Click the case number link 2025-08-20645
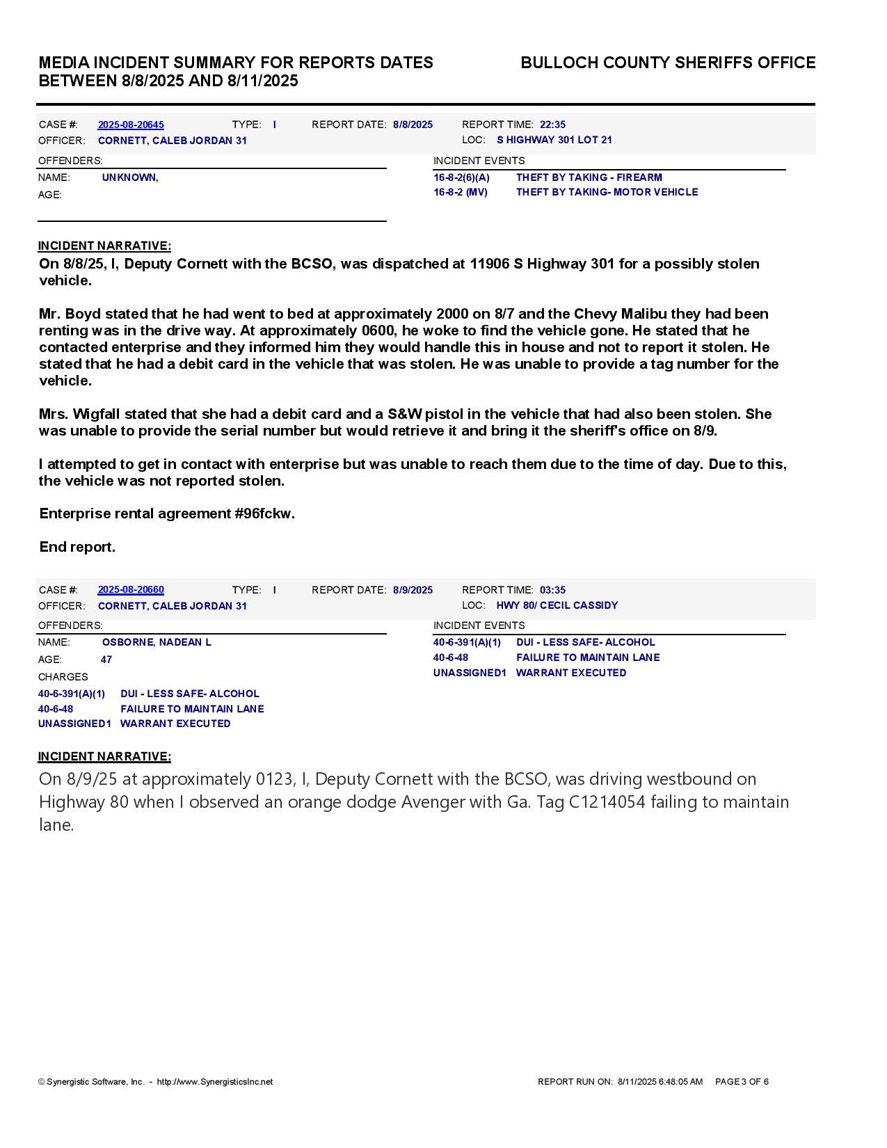click(x=131, y=125)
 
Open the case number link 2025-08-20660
click(x=131, y=590)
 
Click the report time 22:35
click(x=552, y=125)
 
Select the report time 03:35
click(x=552, y=590)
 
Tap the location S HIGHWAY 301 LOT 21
click(x=554, y=140)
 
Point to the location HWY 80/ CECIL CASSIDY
click(x=557, y=605)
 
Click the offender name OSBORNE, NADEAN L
click(x=157, y=642)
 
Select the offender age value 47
click(x=106, y=660)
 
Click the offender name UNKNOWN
click(x=130, y=177)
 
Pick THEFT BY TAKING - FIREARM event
click(x=589, y=177)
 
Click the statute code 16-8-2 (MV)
click(x=461, y=192)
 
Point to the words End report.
click(x=77, y=547)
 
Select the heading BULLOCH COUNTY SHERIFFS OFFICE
click(x=668, y=63)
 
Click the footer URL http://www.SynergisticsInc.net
click(x=214, y=1082)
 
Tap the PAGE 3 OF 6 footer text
click(x=742, y=1082)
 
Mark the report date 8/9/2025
click(x=413, y=590)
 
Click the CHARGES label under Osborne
click(x=63, y=677)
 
